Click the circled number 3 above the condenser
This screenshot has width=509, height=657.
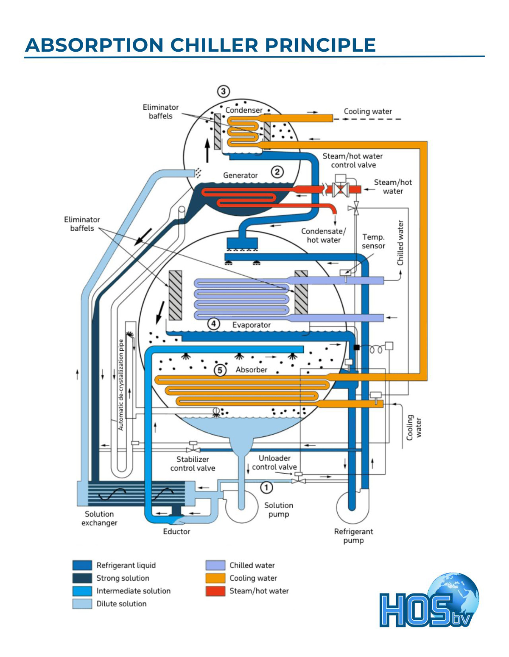pyautogui.click(x=223, y=91)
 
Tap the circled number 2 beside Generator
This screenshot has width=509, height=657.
pyautogui.click(x=277, y=172)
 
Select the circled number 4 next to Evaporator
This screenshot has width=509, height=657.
pyautogui.click(x=213, y=324)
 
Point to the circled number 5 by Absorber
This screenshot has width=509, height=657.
pyautogui.click(x=220, y=370)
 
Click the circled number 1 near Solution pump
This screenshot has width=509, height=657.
pyautogui.click(x=266, y=488)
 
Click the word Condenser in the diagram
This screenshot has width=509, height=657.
pyautogui.click(x=244, y=110)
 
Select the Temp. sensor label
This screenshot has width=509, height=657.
pyautogui.click(x=373, y=241)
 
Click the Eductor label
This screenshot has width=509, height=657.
pyautogui.click(x=176, y=532)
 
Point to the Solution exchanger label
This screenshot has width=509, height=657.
pyautogui.click(x=99, y=518)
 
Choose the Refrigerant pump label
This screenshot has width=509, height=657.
pyautogui.click(x=353, y=536)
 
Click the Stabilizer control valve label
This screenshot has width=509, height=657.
pyautogui.click(x=193, y=464)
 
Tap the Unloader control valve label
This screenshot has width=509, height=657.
pyautogui.click(x=274, y=463)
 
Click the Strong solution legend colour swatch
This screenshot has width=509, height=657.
pyautogui.click(x=82, y=578)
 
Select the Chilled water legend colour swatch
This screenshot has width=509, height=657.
pyautogui.click(x=215, y=566)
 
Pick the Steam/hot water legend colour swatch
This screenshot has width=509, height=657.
pyautogui.click(x=215, y=591)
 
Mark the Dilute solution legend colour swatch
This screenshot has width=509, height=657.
pyautogui.click(x=82, y=604)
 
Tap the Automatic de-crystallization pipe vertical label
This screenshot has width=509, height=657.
pyautogui.click(x=121, y=385)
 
